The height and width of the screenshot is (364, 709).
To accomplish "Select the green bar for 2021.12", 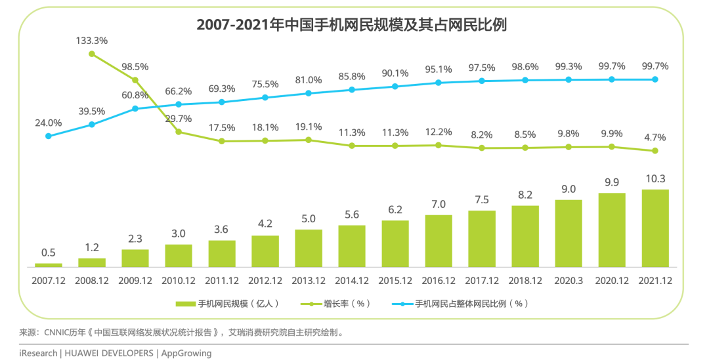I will (655, 228).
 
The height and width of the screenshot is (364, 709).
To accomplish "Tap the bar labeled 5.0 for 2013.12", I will (308, 248).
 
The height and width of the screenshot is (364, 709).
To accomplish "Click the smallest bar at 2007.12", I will (48, 265).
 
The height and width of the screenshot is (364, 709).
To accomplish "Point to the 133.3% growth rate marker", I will (92, 54).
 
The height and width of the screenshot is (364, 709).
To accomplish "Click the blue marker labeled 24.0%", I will (48, 136).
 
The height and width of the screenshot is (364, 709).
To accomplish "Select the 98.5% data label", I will (135, 66).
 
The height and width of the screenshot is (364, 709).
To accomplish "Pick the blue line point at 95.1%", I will (438, 83).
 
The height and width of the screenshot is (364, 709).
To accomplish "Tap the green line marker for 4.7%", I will (655, 151).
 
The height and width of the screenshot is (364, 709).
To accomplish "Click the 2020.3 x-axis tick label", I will (568, 280).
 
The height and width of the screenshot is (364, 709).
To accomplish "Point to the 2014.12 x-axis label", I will (351, 280).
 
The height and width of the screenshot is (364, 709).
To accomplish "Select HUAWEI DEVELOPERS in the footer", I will (108, 354).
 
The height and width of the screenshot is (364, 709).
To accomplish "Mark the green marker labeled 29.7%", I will (178, 132).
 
